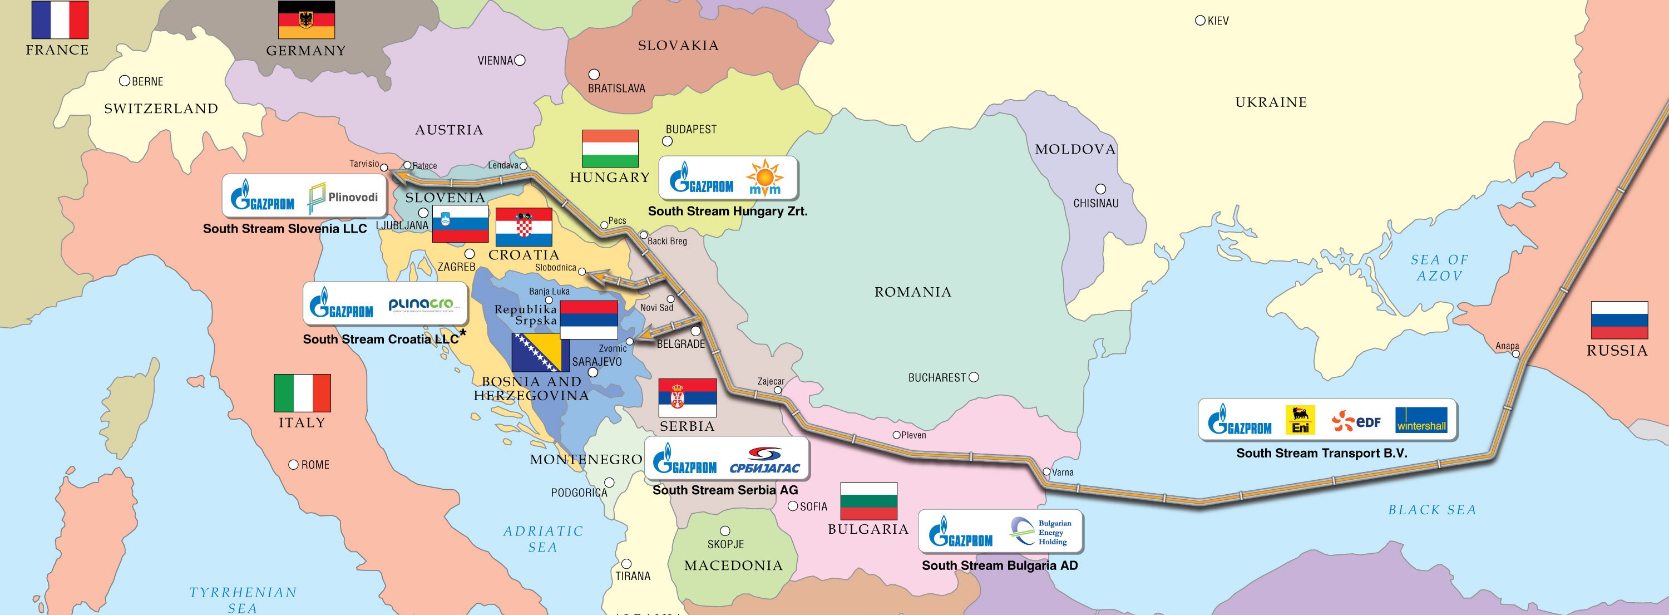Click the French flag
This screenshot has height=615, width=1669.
pyautogui.click(x=60, y=19)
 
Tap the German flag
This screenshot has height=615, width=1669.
pyautogui.click(x=307, y=19)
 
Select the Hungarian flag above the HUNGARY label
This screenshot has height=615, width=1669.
pyautogui.click(x=610, y=149)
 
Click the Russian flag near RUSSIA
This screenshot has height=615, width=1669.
pyautogui.click(x=1619, y=320)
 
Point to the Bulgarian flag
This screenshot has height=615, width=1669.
pyautogui.click(x=868, y=501)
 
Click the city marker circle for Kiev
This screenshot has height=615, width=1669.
pyautogui.click(x=1200, y=21)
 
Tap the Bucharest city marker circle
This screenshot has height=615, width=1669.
pyautogui.click(x=973, y=377)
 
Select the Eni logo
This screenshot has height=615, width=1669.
pyautogui.click(x=1300, y=420)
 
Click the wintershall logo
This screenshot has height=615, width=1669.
pyautogui.click(x=1421, y=420)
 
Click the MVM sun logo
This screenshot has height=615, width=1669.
pyautogui.click(x=764, y=178)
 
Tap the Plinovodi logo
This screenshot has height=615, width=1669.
pyautogui.click(x=343, y=198)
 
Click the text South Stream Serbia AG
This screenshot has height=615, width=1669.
pyautogui.click(x=725, y=490)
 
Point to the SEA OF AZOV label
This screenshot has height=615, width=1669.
pyautogui.click(x=1439, y=268)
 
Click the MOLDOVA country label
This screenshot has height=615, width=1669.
pyautogui.click(x=1075, y=149)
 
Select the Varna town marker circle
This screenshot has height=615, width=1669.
pyautogui.click(x=1046, y=472)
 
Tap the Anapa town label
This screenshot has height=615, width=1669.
pyautogui.click(x=1507, y=346)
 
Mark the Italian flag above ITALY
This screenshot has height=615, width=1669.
pyautogui.click(x=302, y=393)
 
